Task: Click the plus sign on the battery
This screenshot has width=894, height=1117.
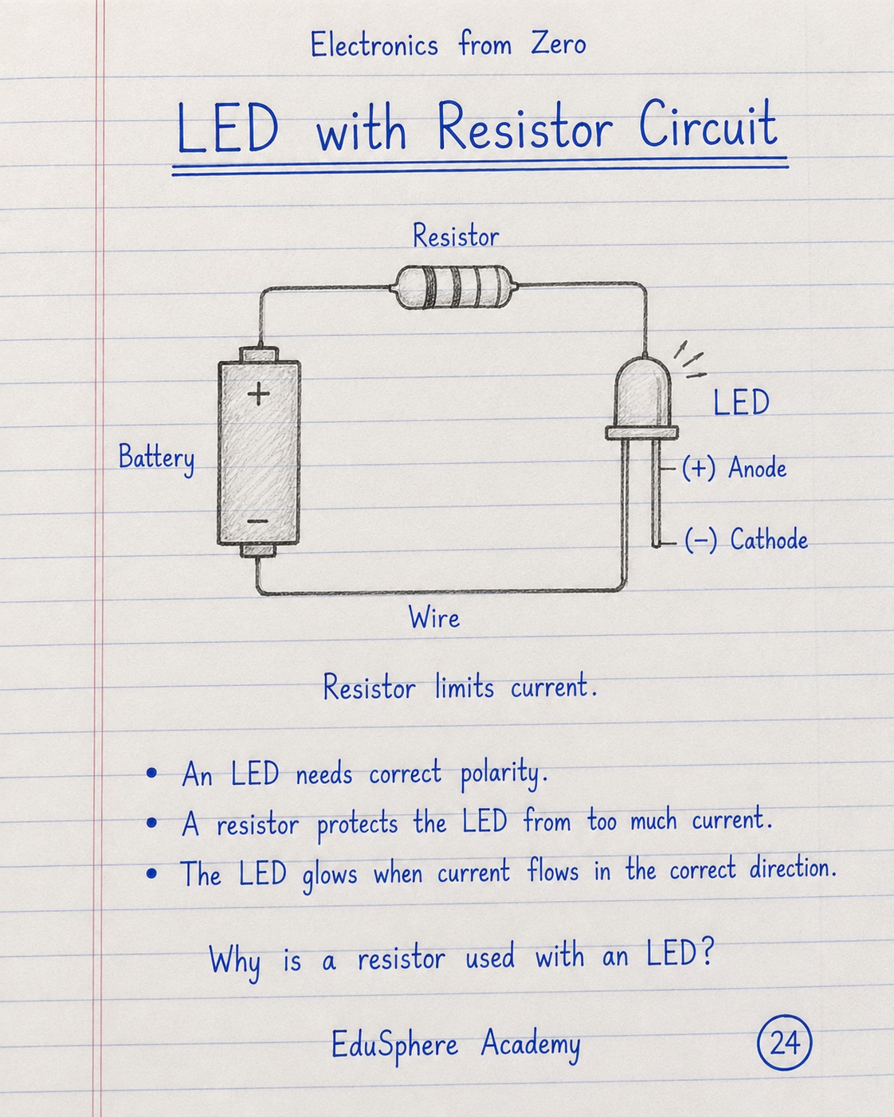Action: (258, 394)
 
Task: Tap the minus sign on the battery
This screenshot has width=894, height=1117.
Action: (257, 521)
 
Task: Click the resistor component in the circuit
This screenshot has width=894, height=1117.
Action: (454, 287)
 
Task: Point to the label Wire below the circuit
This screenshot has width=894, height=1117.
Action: (434, 617)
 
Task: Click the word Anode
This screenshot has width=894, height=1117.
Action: (757, 468)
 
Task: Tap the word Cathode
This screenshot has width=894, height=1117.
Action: (769, 539)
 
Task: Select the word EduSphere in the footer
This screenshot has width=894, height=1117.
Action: (394, 1045)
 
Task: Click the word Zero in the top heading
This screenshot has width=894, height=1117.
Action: (558, 44)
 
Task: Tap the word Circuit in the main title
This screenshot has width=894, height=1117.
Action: (708, 125)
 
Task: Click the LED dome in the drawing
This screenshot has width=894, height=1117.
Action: (643, 392)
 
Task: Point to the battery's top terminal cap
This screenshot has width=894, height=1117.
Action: (258, 355)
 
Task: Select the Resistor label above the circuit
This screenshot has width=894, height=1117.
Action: (456, 236)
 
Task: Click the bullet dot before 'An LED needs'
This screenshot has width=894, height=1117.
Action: (151, 774)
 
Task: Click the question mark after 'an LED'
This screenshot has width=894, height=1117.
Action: (707, 952)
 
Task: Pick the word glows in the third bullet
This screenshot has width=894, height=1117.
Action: (330, 875)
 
